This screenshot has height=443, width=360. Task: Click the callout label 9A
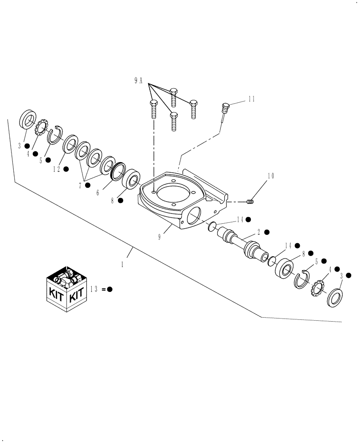coord(138,80)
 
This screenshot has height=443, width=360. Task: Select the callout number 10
coord(270,176)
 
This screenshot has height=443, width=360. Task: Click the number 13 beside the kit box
coord(94,289)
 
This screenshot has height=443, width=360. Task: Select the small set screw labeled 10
coord(250,202)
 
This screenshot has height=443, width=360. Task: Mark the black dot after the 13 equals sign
coord(110,289)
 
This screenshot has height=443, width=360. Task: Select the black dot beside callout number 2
coord(267,232)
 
